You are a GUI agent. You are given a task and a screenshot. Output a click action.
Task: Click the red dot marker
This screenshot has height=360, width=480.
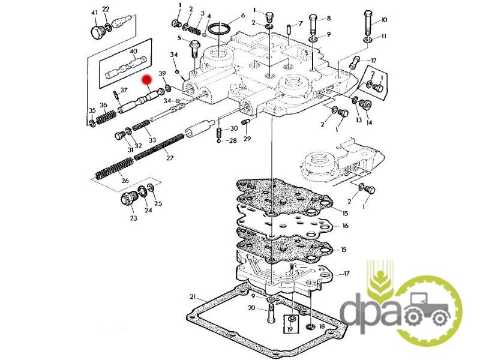tap(147, 80)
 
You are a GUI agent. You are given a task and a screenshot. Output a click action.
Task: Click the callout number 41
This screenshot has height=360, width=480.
tap(95, 13)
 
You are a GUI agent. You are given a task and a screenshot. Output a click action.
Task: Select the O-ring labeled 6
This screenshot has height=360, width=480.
tap(220, 29)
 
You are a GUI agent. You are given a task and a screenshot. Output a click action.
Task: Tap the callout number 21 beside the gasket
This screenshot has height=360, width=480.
tap(193, 296)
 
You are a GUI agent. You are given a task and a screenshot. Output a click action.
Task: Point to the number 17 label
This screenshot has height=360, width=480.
tap(346, 274)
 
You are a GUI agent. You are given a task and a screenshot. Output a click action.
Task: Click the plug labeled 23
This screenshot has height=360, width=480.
tap(128, 199)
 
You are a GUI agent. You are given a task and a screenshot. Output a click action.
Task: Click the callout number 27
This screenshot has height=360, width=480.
tap(170, 158)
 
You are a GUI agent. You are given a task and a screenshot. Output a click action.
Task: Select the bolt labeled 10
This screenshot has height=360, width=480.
tap(368, 22)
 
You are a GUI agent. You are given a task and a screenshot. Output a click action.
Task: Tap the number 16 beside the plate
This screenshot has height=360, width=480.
tap(346, 226)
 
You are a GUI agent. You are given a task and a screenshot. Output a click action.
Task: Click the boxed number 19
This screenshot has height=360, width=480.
tap(290, 329)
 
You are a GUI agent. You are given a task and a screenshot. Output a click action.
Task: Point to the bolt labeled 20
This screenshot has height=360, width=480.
tap(272, 313)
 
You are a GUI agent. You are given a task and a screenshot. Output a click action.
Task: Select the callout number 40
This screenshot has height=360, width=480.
tap(133, 51)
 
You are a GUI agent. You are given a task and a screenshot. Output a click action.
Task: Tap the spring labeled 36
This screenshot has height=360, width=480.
tap(106, 117)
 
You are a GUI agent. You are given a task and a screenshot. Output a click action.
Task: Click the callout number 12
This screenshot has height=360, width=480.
tap(373, 61)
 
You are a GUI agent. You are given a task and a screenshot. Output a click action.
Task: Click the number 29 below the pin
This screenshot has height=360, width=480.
tap(247, 139)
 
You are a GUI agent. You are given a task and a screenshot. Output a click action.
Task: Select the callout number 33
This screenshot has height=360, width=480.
tap(152, 140)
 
